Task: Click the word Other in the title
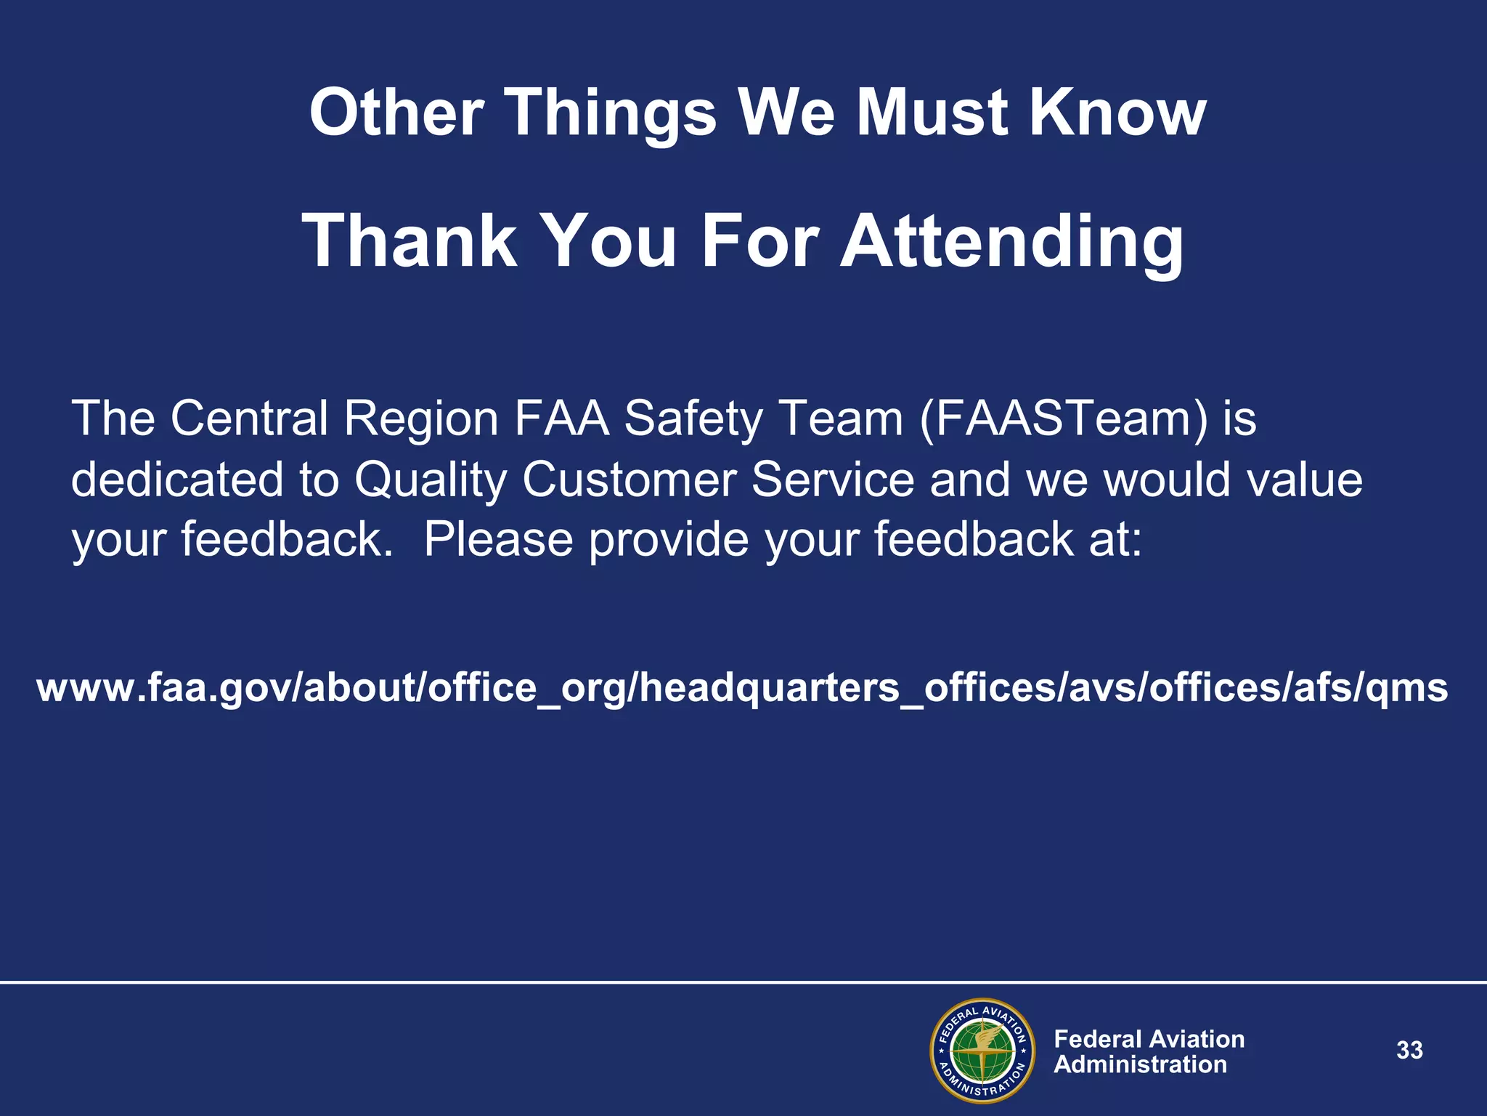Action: point(396,113)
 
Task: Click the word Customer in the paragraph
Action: point(629,481)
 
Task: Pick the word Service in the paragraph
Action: point(832,481)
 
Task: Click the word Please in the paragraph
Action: point(498,540)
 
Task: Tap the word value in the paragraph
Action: point(1304,481)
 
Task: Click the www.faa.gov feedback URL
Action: point(742,687)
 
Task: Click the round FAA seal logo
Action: point(982,1051)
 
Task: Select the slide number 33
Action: point(1409,1051)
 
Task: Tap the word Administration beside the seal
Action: point(1140,1065)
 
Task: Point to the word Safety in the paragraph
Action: point(690,419)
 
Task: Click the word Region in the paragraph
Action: point(420,419)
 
